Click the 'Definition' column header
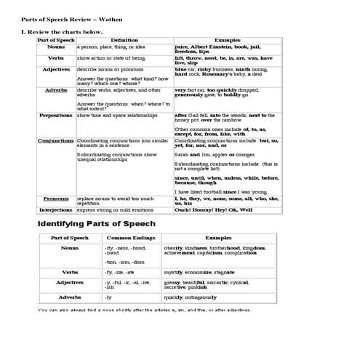(124, 40)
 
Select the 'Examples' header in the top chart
(229, 40)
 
